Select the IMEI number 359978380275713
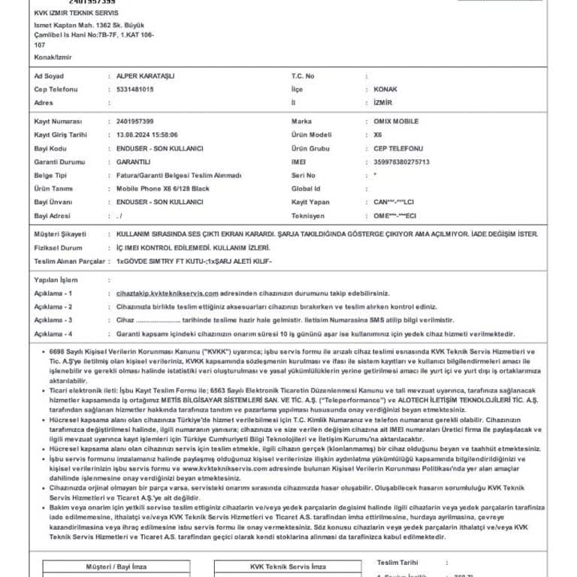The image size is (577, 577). tap(401, 162)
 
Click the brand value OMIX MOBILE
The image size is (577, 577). tap(396, 121)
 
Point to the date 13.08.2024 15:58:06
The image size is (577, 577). tap(147, 134)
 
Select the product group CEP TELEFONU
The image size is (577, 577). tap(398, 148)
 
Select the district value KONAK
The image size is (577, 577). tap(385, 89)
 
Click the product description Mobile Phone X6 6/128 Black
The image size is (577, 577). tap(163, 189)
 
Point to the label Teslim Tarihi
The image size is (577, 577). tap(397, 562)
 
